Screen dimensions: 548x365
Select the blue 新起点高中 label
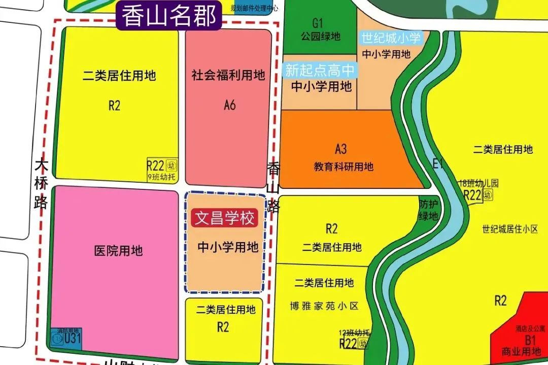tap(320, 70)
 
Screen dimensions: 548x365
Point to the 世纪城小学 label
tap(391, 38)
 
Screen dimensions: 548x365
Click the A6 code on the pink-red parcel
tap(230, 105)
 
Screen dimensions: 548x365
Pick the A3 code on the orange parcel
tap(340, 149)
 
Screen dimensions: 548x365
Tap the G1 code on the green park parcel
tap(318, 23)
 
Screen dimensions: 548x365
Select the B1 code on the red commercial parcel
tap(530, 340)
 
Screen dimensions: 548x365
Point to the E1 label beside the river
tap(438, 163)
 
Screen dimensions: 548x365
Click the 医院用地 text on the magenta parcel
tap(119, 251)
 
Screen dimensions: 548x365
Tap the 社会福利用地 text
tap(228, 76)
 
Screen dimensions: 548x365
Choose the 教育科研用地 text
tap(344, 166)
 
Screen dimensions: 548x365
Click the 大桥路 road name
tap(41, 184)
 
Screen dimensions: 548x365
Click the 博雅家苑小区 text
tap(324, 306)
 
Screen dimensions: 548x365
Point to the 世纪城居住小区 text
tap(510, 229)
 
